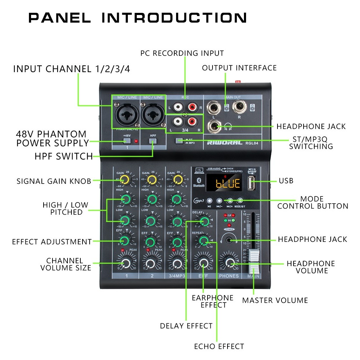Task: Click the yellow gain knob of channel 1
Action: click(x=124, y=179)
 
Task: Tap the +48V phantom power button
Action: click(x=126, y=140)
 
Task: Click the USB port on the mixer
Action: click(x=252, y=184)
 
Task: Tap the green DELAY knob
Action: click(x=204, y=222)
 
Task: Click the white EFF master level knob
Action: click(x=204, y=264)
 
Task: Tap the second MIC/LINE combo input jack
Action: click(x=153, y=112)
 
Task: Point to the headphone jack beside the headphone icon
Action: click(x=214, y=126)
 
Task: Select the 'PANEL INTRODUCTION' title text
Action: click(x=137, y=18)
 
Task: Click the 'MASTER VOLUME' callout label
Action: click(x=275, y=300)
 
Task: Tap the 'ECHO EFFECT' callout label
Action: click(x=219, y=346)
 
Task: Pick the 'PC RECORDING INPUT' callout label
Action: click(x=182, y=54)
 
